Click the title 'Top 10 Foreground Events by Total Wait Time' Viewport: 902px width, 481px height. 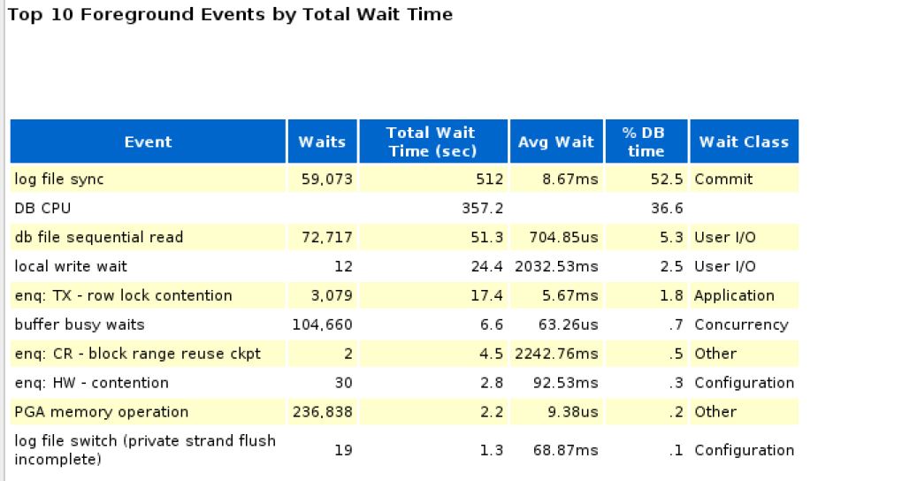(x=230, y=14)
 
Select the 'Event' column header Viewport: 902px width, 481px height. (x=148, y=141)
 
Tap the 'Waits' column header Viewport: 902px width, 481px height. (x=322, y=141)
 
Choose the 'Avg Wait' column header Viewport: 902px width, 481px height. (x=555, y=141)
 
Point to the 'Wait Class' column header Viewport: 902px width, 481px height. (x=743, y=141)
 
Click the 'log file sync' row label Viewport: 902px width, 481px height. (x=59, y=179)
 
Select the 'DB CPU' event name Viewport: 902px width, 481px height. (x=42, y=208)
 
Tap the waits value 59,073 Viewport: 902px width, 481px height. (x=325, y=179)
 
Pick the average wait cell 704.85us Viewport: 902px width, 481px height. (x=563, y=237)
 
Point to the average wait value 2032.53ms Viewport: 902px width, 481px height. (x=556, y=266)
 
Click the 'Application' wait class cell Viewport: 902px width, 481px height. (x=734, y=295)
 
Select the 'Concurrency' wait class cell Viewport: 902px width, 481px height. (x=741, y=324)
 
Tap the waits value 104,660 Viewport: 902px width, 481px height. (x=323, y=324)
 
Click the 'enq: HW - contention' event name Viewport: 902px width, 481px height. (x=91, y=383)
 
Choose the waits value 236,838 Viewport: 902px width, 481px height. (x=323, y=412)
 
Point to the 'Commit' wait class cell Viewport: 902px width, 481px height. (x=723, y=179)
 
